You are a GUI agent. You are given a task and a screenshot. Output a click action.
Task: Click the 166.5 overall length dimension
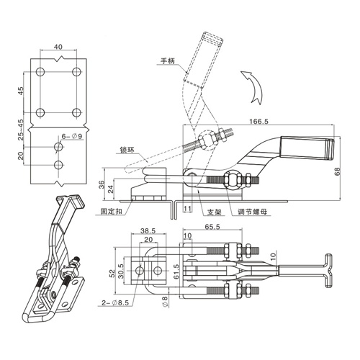click(x=258, y=121)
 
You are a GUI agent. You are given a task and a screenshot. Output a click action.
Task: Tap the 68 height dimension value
click(x=338, y=172)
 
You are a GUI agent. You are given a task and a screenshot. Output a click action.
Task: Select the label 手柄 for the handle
click(x=168, y=61)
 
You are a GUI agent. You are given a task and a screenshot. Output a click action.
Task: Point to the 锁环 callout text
click(x=127, y=150)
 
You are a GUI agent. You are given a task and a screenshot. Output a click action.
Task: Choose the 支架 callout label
click(x=215, y=212)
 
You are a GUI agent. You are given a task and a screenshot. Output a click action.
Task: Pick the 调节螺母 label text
click(x=253, y=212)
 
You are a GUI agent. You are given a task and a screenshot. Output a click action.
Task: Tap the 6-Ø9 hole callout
click(x=72, y=136)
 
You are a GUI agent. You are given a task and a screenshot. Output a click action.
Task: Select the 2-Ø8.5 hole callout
click(x=115, y=303)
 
